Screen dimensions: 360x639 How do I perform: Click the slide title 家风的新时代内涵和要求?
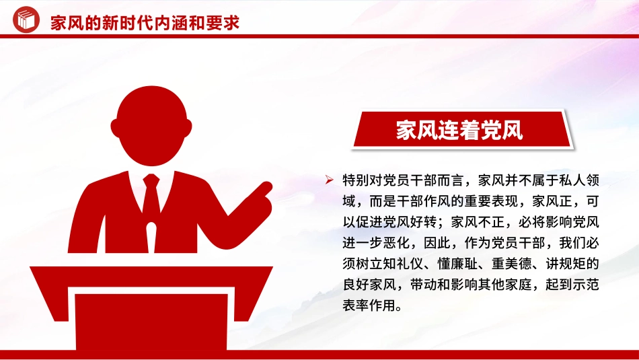coord(145,22)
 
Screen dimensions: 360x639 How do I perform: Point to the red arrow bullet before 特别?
coord(329,180)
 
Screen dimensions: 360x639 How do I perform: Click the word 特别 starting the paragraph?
coord(356,180)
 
